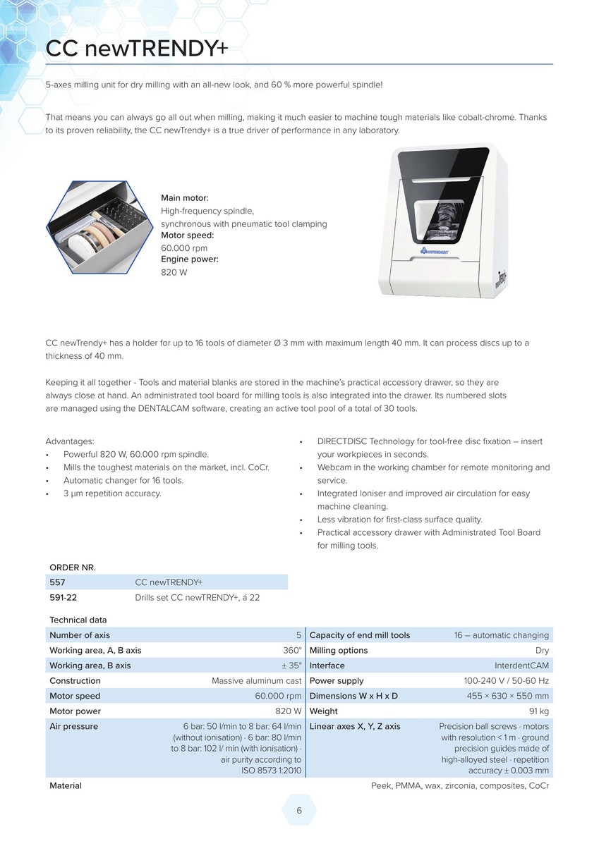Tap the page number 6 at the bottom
tap(299, 811)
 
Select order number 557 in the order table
tap(57, 582)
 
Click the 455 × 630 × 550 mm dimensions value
tap(507, 696)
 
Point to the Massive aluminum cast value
tap(256, 681)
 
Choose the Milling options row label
tap(339, 651)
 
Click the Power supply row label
tap(337, 681)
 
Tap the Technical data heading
tap(78, 620)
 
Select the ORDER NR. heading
tap(72, 568)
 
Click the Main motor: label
tap(185, 198)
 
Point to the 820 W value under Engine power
tap(174, 272)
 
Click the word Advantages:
tap(70, 441)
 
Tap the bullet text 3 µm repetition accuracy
tap(112, 493)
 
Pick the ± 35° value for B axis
tap(290, 666)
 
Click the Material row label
tap(66, 785)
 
